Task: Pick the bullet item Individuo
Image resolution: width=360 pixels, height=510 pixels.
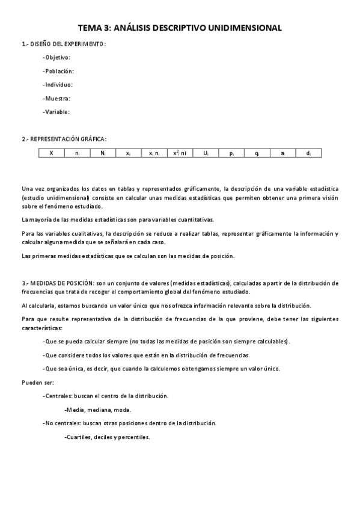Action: (x=58, y=85)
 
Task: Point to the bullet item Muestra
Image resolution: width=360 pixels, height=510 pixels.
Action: (x=57, y=98)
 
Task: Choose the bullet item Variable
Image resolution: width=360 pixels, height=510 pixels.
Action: (x=57, y=112)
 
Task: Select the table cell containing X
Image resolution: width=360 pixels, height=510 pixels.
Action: (x=52, y=153)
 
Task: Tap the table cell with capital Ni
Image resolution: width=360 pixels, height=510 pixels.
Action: (x=103, y=153)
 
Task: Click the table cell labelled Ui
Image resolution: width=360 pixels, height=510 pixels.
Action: (x=206, y=153)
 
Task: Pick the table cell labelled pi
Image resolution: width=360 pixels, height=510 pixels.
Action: (x=231, y=153)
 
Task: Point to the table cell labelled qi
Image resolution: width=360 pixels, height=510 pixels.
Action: (x=257, y=153)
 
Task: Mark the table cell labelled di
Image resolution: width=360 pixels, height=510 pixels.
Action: (x=308, y=153)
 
